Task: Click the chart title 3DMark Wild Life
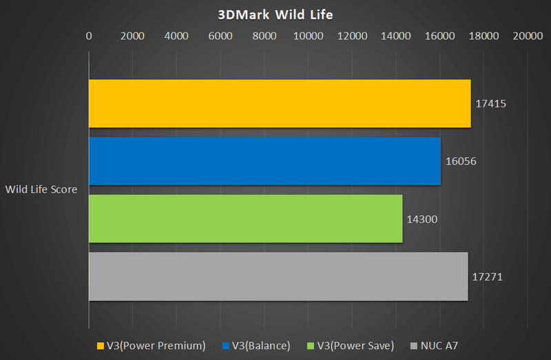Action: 275,14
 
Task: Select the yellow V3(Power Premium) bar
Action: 280,104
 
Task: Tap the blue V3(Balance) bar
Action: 265,161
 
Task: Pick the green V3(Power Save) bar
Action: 246,219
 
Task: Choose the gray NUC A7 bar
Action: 278,277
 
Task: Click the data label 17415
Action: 490,104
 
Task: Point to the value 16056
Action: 461,161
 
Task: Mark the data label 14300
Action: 422,219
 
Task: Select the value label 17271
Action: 487,277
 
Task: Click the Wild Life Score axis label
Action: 41,189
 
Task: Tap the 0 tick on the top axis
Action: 89,36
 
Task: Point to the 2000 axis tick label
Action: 132,36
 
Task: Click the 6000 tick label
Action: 220,36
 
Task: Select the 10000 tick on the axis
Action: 308,36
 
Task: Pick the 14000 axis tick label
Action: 395,36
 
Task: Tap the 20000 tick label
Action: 528,36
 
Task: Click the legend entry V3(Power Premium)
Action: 156,346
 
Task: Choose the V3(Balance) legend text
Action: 261,346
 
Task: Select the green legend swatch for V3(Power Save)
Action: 311,346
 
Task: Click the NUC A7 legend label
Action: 439,346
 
